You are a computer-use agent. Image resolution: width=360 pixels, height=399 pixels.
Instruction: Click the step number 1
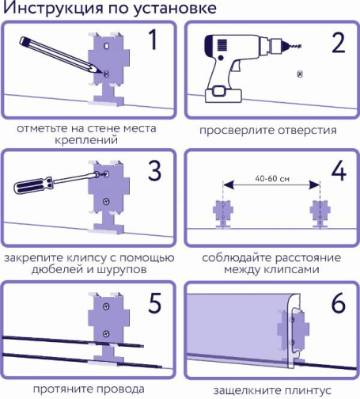153,40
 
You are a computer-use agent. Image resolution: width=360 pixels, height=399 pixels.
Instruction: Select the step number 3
154,171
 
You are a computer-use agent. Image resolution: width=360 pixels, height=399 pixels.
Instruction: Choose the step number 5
154,302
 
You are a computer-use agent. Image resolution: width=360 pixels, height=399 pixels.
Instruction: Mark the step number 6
338,302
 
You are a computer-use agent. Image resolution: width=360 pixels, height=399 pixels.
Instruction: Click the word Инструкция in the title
53,8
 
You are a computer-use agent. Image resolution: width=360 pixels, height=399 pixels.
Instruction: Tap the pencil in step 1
61,55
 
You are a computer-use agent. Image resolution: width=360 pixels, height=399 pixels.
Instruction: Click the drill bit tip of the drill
301,47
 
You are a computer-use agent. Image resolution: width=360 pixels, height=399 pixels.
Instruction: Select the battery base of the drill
223,96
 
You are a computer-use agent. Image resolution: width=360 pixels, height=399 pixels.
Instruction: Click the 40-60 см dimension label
272,179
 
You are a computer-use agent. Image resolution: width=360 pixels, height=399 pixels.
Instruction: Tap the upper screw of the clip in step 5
106,306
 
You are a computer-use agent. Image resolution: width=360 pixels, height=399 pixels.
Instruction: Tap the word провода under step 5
120,389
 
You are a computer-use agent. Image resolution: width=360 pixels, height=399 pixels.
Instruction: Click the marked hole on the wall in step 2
299,74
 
